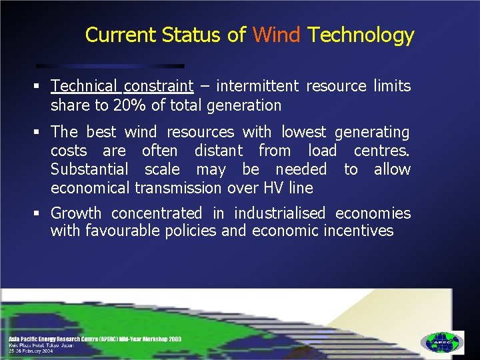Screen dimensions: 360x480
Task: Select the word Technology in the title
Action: pos(361,35)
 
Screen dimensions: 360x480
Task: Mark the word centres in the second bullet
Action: pos(381,151)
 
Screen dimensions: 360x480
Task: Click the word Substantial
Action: pos(90,169)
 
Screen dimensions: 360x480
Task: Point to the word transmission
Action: pos(178,189)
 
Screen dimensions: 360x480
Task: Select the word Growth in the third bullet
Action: pos(76,213)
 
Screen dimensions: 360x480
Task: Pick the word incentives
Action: pos(359,231)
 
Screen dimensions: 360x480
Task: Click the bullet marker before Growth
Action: pos(41,213)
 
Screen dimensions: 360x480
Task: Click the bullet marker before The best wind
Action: pos(41,132)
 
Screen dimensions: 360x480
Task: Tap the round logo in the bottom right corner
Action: pos(441,343)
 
